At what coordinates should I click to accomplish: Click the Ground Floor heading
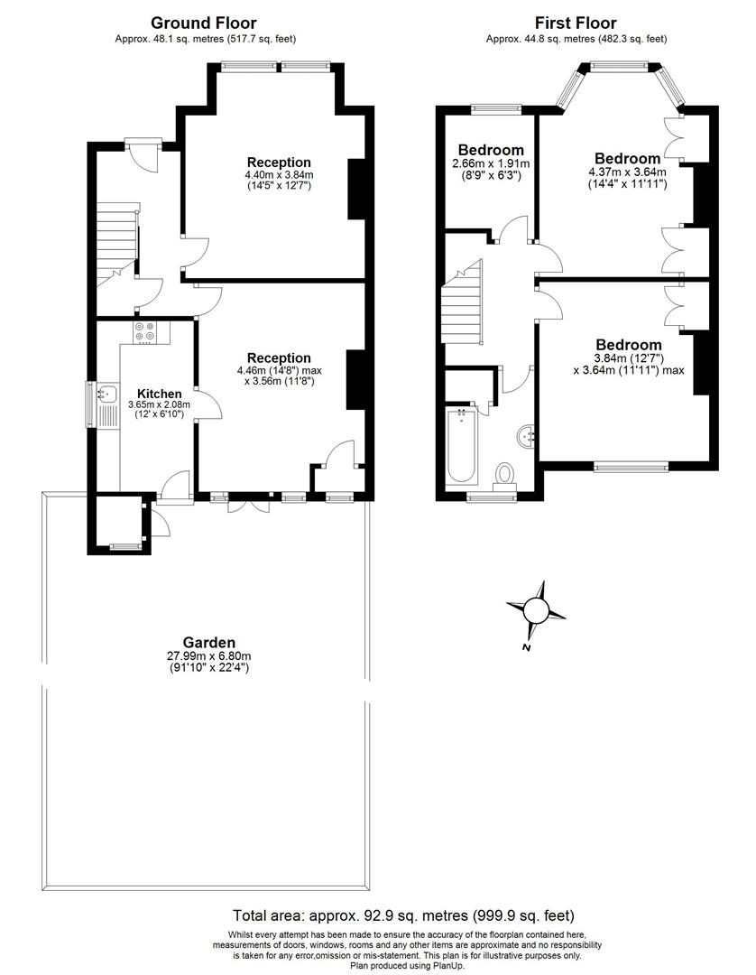click(x=203, y=23)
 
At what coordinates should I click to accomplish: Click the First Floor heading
click(x=576, y=23)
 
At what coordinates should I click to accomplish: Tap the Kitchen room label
click(x=160, y=394)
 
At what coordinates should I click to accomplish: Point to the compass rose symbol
click(x=536, y=611)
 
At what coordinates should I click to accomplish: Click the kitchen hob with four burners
click(x=145, y=332)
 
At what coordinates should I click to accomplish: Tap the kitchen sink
click(x=108, y=394)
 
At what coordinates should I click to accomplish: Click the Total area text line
click(x=403, y=915)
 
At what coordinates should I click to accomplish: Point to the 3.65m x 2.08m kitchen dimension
click(x=160, y=405)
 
